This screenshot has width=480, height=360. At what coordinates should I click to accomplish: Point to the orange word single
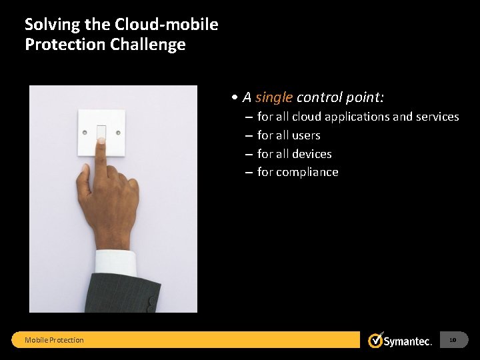coord(274,97)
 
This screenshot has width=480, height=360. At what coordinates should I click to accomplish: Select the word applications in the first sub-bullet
coord(357,117)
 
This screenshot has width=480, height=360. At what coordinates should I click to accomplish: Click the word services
coord(437,117)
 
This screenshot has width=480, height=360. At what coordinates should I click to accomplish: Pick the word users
coord(306,135)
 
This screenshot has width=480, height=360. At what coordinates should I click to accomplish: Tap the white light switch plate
coord(101,131)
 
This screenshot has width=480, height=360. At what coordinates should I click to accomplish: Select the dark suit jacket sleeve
coord(127,293)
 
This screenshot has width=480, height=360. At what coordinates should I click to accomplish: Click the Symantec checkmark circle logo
coord(375,340)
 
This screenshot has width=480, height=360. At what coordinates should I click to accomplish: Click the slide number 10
coord(453,340)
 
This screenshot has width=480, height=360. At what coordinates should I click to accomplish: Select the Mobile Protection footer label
coord(54,340)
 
